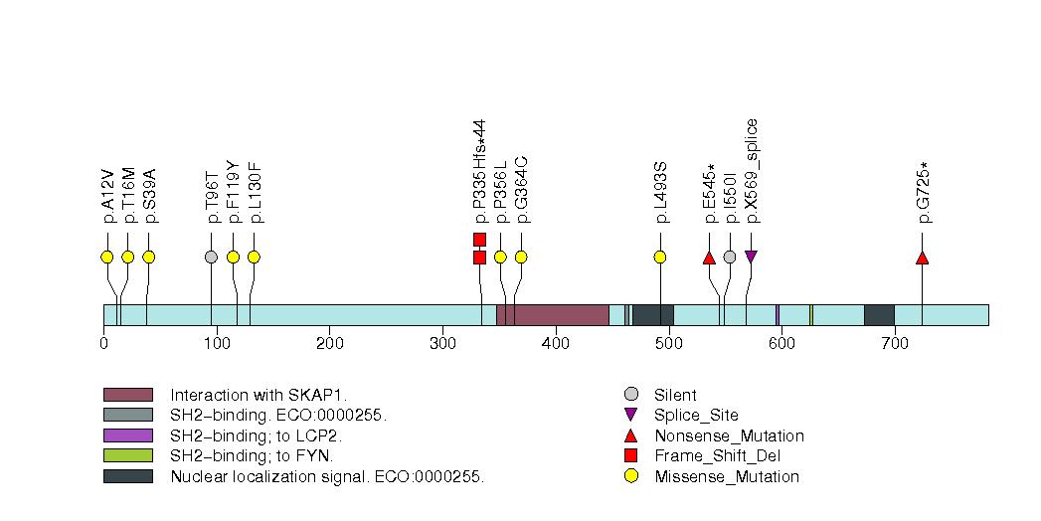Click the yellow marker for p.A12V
pos(107,258)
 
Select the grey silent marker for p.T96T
pos(211,258)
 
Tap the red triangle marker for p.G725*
pos(922,259)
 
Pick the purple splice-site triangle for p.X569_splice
pos(751,258)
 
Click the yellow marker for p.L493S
pos(659,258)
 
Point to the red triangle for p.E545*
pos(709,259)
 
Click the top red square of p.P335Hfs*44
pos(479,239)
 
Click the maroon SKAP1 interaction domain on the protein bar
pos(553,315)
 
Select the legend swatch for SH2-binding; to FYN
pos(127,455)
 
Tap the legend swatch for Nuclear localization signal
pos(127,476)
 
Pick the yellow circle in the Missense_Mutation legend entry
pos(630,476)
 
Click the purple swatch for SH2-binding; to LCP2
pos(127,435)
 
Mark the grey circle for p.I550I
pos(730,258)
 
